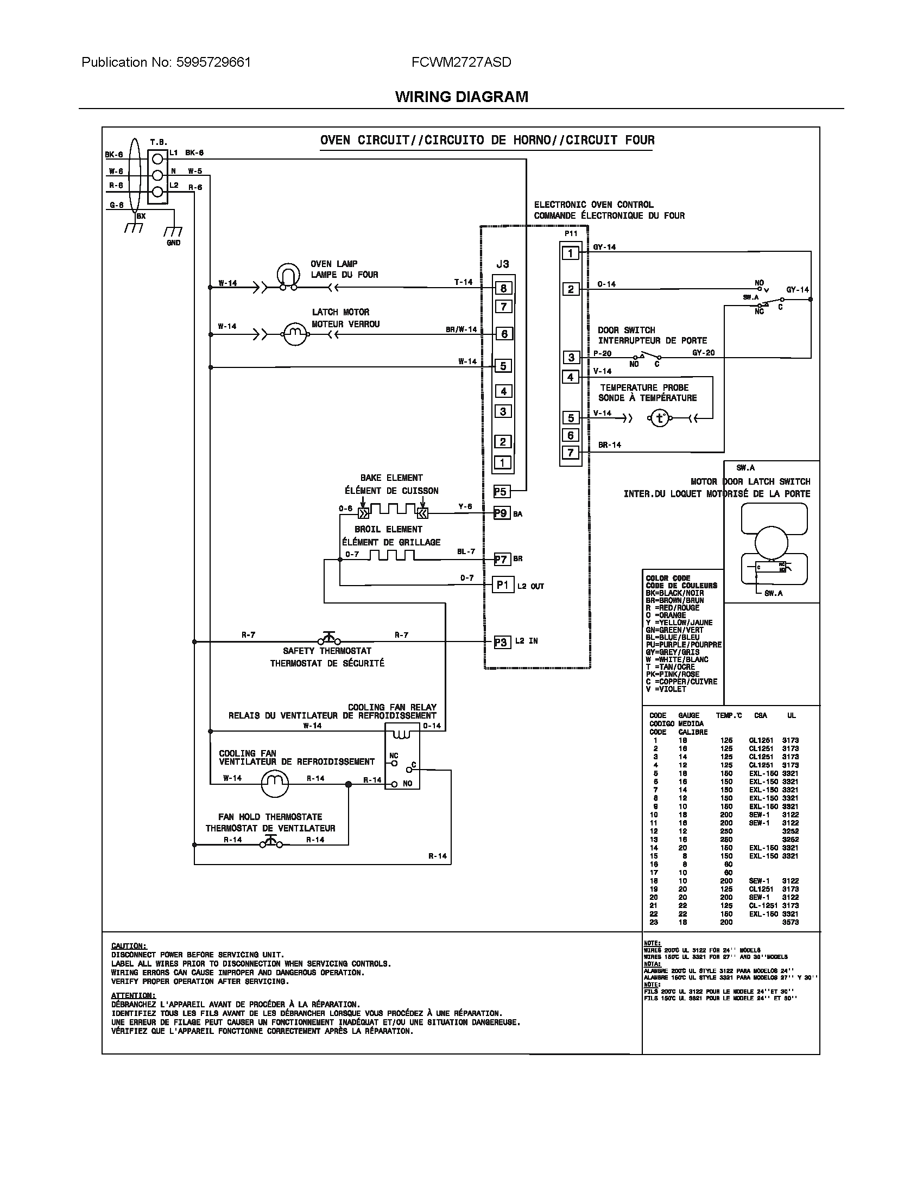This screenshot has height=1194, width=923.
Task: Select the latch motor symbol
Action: point(295,333)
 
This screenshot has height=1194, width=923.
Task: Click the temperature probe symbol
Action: point(660,419)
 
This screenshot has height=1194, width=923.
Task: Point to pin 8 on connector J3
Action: point(503,288)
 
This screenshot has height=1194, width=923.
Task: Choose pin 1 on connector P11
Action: point(570,253)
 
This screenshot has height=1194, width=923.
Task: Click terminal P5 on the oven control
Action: point(501,492)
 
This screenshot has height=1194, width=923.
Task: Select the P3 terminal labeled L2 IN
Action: point(501,643)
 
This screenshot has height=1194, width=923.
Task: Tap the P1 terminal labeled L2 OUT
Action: point(503,585)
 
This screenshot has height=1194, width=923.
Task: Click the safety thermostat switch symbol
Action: point(328,639)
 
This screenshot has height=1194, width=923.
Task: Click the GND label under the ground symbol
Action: point(173,243)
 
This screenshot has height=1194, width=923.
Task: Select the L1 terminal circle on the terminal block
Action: point(157,159)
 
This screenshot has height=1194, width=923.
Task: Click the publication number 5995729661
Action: point(213,62)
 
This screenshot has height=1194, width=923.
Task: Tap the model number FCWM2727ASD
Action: point(461,62)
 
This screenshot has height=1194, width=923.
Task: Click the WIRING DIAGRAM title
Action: point(461,97)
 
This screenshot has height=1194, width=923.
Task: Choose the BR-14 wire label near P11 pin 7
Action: point(609,445)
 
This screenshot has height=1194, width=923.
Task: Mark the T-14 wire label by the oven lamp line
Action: point(463,282)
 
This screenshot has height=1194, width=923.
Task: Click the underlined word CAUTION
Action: point(129,946)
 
